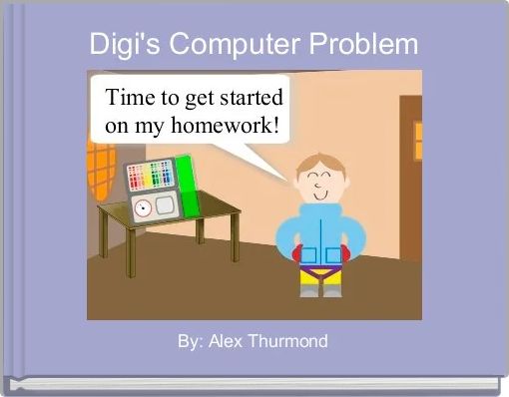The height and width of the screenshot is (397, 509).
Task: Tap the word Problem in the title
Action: [363, 44]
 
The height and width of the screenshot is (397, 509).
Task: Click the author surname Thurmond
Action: [288, 341]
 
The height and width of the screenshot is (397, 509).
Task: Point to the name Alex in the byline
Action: [226, 341]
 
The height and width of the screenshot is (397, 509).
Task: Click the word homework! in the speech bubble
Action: [226, 126]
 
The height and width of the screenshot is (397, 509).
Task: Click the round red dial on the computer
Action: [143, 208]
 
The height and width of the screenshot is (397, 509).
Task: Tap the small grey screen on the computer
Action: [165, 204]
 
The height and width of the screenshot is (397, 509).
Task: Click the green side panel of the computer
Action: [188, 187]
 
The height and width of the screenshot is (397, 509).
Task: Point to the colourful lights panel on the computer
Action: [151, 176]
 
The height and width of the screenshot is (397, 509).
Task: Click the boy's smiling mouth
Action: [320, 196]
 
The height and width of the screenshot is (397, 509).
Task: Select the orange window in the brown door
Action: [418, 141]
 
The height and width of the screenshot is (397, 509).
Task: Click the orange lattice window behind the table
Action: [101, 171]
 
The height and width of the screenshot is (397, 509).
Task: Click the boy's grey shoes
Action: [320, 291]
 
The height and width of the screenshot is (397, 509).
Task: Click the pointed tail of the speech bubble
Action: [287, 181]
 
